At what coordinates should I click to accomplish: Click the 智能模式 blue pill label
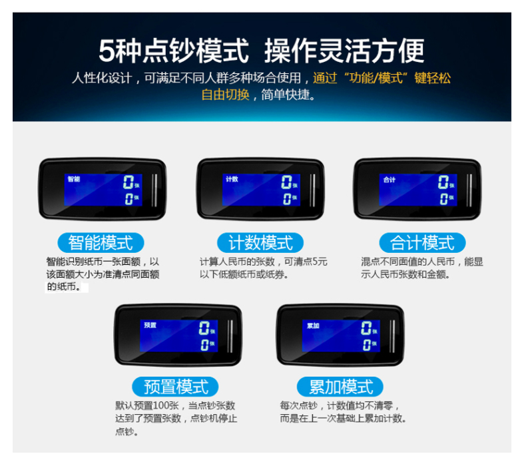101,242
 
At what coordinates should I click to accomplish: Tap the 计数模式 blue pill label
260,242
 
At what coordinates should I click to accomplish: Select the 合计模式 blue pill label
422,242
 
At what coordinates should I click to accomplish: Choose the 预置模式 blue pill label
176,387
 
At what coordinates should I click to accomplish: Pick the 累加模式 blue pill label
340,387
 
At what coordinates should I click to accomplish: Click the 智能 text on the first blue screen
74,179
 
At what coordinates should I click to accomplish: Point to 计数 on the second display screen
232,179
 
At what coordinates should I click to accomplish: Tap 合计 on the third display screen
390,180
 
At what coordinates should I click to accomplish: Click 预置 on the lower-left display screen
150,325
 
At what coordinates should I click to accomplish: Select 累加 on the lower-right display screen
313,326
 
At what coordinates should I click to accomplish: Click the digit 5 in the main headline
107,51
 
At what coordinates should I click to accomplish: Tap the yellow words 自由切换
226,95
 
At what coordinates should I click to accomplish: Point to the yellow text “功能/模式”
376,78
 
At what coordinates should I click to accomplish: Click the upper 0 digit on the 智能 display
128,182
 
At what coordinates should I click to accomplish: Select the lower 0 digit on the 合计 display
443,199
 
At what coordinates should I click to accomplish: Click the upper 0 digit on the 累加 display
366,328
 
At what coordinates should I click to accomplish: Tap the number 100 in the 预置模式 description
160,405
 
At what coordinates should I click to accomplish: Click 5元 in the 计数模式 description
320,262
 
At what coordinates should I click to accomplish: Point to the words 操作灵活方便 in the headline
344,51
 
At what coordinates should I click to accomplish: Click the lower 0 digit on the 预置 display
204,345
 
